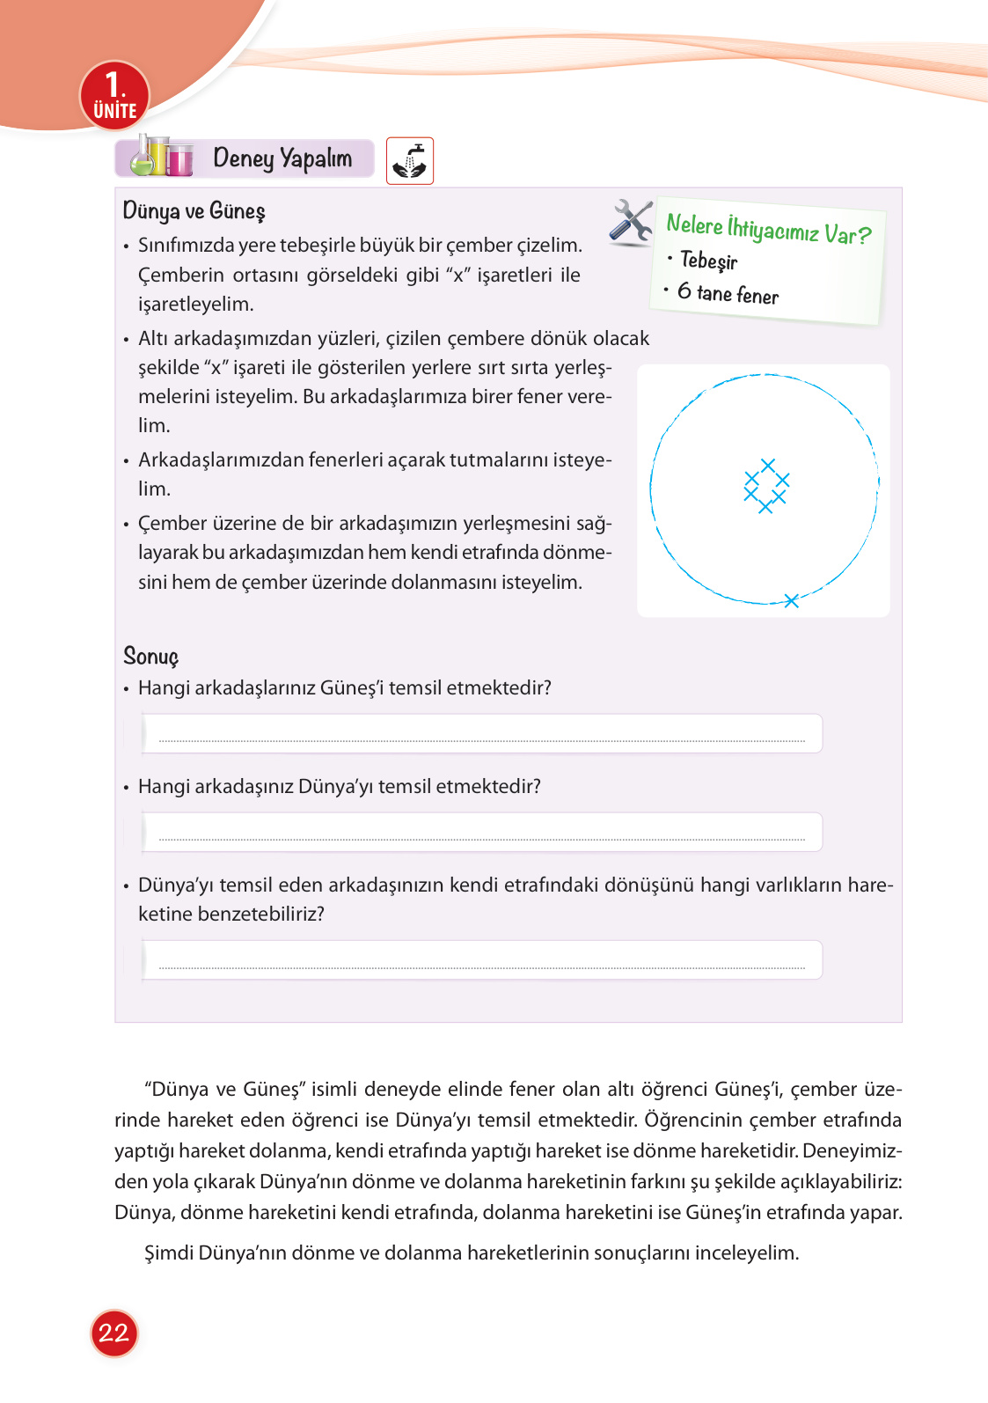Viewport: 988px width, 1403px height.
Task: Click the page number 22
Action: pyautogui.click(x=113, y=1333)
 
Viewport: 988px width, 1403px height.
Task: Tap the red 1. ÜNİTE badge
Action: pyautogui.click(x=114, y=96)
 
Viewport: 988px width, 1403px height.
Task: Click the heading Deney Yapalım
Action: pyautogui.click(x=282, y=158)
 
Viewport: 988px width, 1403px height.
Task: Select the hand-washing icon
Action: pyautogui.click(x=409, y=161)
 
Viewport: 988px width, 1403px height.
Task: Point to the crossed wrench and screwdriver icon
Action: pyautogui.click(x=631, y=221)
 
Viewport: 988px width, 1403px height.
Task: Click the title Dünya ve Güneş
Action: pyautogui.click(x=194, y=211)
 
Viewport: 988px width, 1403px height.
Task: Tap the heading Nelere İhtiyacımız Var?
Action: pyautogui.click(x=768, y=230)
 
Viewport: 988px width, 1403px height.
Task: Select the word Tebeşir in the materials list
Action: pyautogui.click(x=708, y=261)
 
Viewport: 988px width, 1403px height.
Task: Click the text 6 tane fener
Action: pyautogui.click(x=728, y=293)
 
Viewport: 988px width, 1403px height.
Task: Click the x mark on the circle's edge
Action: pyautogui.click(x=791, y=600)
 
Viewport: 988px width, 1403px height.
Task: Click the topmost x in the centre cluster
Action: pyautogui.click(x=768, y=465)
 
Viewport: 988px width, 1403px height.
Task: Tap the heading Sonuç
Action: pyautogui.click(x=150, y=657)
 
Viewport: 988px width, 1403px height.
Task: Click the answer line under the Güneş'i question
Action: pyautogui.click(x=481, y=734)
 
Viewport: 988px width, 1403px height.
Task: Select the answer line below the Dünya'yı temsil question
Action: pyautogui.click(x=481, y=833)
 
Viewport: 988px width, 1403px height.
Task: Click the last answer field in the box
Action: pyautogui.click(x=481, y=960)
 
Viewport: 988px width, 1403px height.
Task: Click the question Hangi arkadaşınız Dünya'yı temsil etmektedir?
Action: pyautogui.click(x=339, y=786)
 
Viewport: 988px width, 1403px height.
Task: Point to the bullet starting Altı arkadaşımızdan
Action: pyautogui.click(x=393, y=339)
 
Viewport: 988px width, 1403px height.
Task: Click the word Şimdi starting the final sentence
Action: pyautogui.click(x=169, y=1253)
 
